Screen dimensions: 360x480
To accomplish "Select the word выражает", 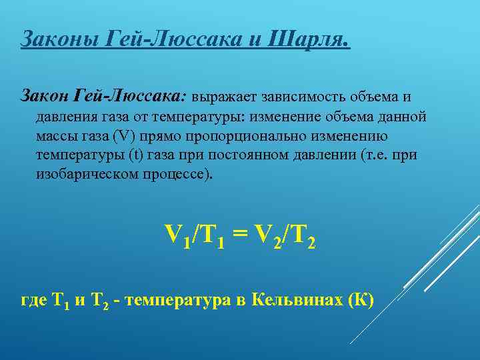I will coord(225,97).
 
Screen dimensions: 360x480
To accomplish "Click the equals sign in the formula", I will coord(241,235).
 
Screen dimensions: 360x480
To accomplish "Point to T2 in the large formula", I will coord(301,237).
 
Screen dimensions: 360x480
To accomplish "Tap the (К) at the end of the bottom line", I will coord(361,300).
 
